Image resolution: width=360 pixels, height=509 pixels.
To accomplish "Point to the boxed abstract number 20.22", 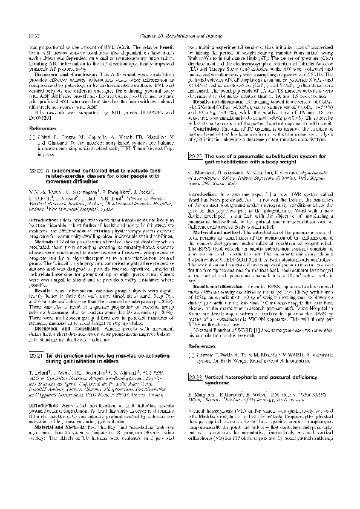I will [195, 174].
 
